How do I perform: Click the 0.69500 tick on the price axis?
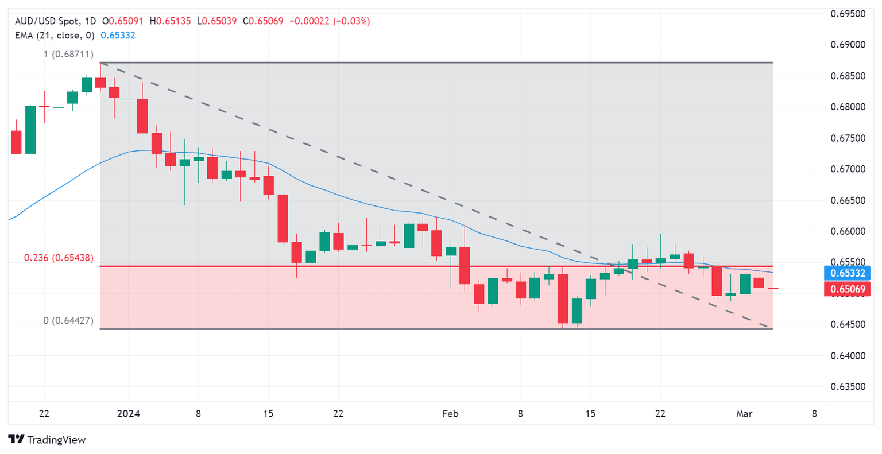coord(849,14)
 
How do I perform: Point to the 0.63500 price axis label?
coord(849,386)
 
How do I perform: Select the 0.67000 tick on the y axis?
coord(849,169)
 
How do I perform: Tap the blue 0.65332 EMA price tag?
coord(845,273)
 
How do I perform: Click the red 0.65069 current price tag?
coord(845,289)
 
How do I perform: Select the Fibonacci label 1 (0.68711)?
coord(68,54)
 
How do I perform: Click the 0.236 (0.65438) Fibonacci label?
coord(59,258)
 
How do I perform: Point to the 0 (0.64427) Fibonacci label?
coord(68,320)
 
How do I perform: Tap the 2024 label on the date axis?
coord(129,413)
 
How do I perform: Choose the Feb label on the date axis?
coord(451,413)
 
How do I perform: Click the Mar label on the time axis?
coord(744,413)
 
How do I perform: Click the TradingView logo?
coord(48,440)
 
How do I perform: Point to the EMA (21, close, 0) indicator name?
coord(55,35)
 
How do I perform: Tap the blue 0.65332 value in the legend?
coord(118,35)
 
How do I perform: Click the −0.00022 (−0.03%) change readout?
coord(330,21)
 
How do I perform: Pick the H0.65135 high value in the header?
coord(171,21)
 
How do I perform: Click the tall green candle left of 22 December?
coord(30,129)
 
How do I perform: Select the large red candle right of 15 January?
coord(283,218)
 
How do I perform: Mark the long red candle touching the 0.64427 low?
coord(563,298)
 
